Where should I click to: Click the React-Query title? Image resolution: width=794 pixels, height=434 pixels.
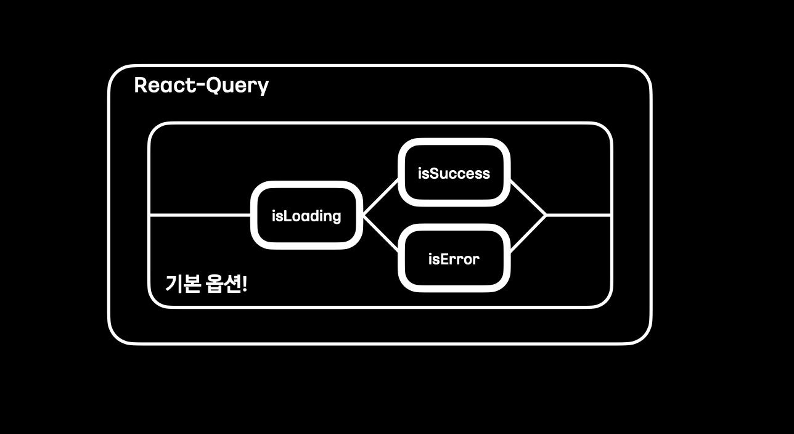click(201, 85)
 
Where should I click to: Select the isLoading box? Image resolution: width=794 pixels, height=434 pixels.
click(306, 215)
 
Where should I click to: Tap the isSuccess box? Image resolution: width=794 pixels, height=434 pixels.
click(454, 173)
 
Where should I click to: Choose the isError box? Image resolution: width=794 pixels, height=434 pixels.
click(454, 258)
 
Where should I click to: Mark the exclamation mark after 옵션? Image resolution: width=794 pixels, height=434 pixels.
click(245, 284)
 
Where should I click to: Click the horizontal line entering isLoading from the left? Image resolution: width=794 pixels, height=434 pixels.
click(200, 215)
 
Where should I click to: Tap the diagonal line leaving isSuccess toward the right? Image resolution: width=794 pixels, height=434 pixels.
click(528, 197)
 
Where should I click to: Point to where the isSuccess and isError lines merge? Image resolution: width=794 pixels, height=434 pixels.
click(546, 215)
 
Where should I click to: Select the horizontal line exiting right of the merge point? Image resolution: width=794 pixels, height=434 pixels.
click(578, 215)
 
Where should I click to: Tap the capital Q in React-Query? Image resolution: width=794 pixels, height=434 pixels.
click(213, 85)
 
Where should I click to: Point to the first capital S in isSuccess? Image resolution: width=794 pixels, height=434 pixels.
click(430, 173)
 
